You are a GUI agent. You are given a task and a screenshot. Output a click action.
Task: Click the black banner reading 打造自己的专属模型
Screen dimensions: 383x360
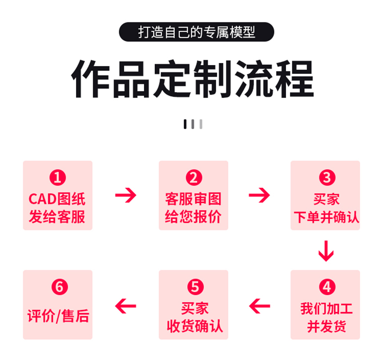[196, 32]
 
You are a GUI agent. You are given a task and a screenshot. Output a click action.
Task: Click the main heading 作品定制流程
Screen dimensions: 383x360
[192, 80]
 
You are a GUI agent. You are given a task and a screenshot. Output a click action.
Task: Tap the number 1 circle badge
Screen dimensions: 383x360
[58, 178]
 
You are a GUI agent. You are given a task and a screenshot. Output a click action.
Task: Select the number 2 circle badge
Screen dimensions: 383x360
[194, 178]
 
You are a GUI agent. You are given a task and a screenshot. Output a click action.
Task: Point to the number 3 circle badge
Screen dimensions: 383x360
[326, 178]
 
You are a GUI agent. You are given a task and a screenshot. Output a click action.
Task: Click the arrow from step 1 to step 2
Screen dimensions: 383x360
[126, 196]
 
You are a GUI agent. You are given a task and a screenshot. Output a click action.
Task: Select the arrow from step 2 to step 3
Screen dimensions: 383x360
[259, 196]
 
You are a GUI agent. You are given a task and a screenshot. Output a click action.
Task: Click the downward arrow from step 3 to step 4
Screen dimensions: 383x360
[326, 250]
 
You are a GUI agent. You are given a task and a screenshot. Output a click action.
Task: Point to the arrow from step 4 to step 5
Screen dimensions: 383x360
[259, 306]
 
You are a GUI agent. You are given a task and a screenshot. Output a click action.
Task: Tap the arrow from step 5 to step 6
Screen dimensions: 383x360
[126, 306]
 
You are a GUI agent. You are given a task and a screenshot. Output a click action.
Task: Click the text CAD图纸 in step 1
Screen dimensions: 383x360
[57, 199]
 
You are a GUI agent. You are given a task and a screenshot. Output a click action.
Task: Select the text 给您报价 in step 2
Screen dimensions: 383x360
[193, 216]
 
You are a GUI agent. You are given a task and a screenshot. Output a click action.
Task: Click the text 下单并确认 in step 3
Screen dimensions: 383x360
[326, 216]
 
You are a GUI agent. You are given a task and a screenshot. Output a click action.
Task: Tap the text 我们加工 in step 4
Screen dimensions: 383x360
[326, 309]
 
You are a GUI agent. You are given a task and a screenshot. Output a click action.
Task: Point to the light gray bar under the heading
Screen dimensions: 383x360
[201, 124]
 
